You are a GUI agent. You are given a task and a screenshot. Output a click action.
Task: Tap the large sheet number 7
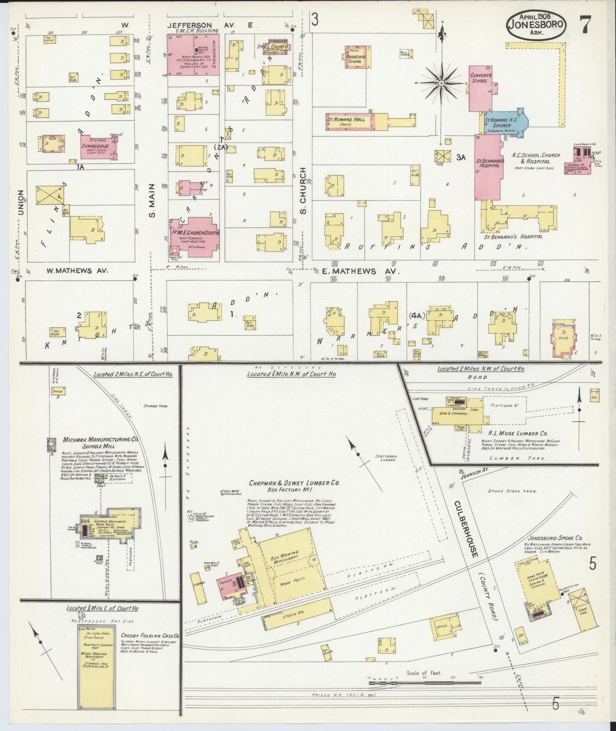pyautogui.click(x=584, y=25)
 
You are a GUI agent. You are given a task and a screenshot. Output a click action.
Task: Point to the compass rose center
pyautogui.click(x=442, y=82)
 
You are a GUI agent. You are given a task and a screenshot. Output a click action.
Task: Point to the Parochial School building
pyautogui.click(x=354, y=58)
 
